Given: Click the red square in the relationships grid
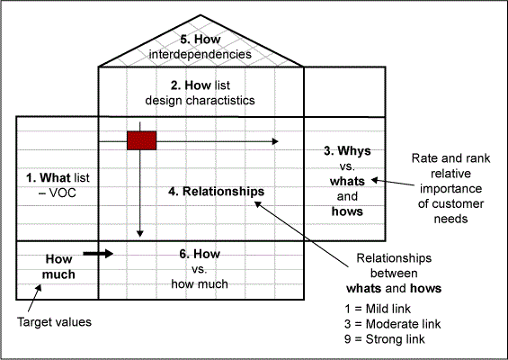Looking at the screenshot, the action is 141,140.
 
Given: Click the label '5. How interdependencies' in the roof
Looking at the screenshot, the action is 201,47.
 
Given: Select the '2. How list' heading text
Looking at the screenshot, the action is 201,85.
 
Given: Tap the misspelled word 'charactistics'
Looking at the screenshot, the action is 220,100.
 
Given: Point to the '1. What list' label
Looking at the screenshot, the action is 58,177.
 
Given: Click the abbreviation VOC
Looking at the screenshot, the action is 62,193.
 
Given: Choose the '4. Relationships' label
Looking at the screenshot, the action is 216,192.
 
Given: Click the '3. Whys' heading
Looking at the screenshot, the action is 347,151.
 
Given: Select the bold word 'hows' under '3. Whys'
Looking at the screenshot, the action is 347,211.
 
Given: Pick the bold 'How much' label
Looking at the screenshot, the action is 58,266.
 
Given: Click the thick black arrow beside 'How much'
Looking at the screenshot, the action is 98,254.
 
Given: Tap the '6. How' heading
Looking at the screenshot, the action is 200,254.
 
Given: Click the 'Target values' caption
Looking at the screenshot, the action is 54,322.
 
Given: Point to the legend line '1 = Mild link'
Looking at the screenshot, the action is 378,309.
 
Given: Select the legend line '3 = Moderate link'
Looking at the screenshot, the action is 393,324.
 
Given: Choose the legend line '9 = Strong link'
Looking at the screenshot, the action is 385,339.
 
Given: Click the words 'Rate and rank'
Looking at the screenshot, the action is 450,158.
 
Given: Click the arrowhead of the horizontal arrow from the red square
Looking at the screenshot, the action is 275,141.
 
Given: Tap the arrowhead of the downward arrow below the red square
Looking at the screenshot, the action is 140,233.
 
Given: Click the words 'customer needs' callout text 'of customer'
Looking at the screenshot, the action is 450,203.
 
